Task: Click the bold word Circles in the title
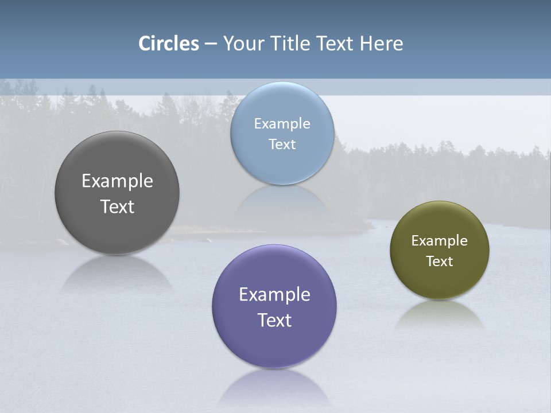click(x=169, y=44)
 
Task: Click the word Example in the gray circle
click(x=117, y=181)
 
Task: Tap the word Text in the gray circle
click(x=117, y=206)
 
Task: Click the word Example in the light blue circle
click(x=282, y=124)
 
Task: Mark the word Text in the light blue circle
click(x=282, y=144)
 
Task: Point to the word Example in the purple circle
click(x=274, y=295)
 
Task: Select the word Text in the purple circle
click(x=274, y=320)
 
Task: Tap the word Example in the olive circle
click(x=439, y=241)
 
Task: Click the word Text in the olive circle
click(x=439, y=261)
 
